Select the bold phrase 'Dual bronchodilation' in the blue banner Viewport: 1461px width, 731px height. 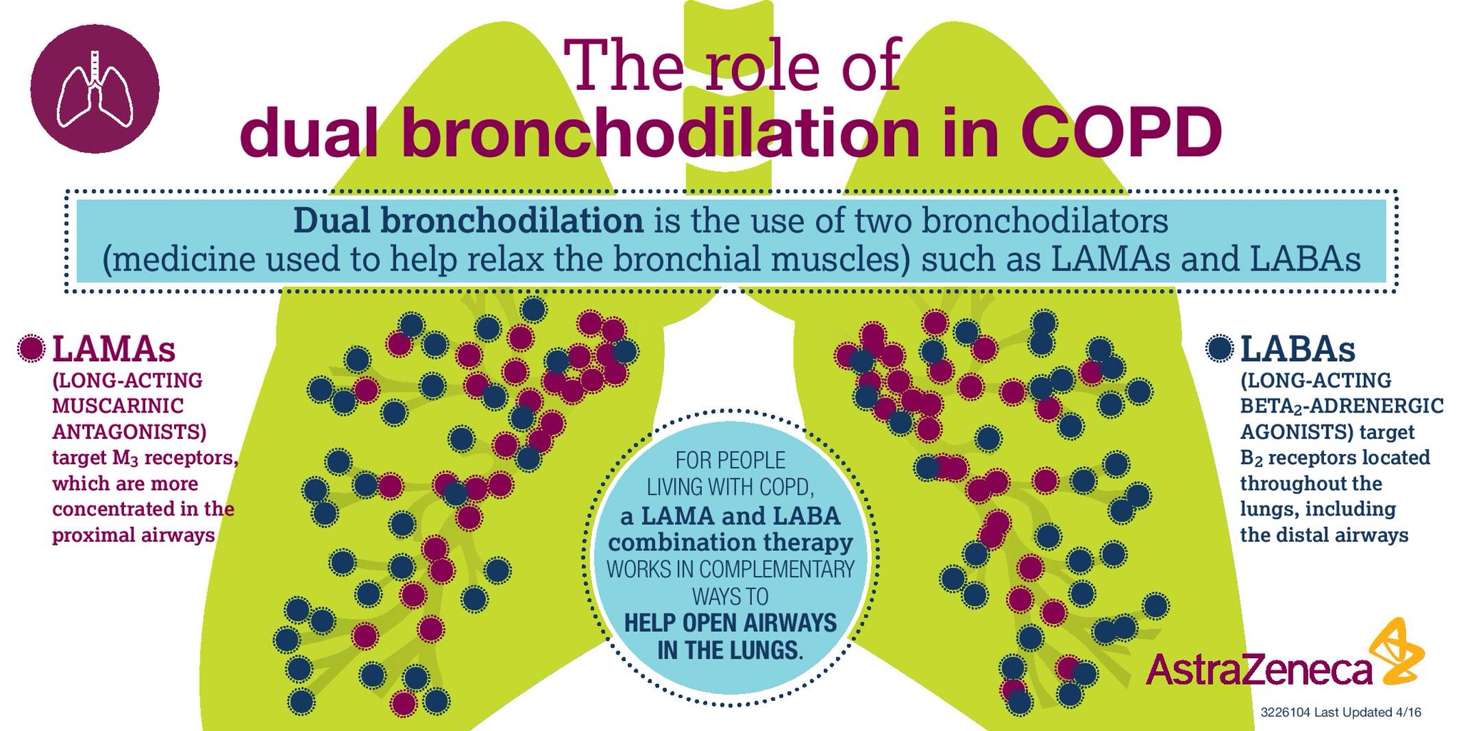[469, 221]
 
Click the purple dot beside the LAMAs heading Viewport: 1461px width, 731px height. [32, 349]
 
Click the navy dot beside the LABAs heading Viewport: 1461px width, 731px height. [1221, 349]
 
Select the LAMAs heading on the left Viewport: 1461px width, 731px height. [114, 349]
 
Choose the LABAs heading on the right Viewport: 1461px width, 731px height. [1298, 349]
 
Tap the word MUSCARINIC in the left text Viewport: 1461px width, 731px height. [118, 406]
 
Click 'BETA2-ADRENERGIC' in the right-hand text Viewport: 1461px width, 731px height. [1341, 406]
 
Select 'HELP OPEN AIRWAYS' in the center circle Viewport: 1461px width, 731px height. [730, 622]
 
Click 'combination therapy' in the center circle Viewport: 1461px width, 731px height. [730, 543]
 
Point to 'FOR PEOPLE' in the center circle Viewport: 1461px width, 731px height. [730, 460]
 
